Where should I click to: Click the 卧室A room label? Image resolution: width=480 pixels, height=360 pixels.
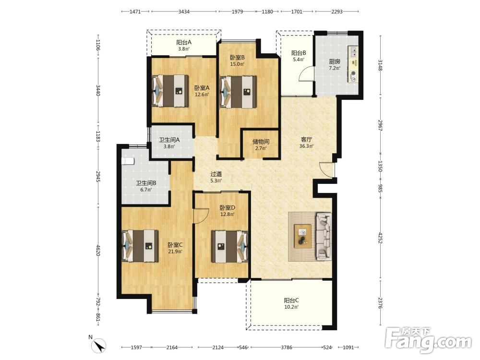202,88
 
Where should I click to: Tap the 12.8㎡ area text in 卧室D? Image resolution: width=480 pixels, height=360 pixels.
228,214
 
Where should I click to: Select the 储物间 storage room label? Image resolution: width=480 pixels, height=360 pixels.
261,142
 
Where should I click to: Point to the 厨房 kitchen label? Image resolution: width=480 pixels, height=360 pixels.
335,61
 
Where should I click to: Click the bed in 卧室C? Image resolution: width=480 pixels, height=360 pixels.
140,246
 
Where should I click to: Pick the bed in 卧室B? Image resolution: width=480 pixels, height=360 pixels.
239,92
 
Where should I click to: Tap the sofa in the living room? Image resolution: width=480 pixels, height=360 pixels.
324,236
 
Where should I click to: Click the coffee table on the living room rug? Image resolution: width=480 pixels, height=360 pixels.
303,236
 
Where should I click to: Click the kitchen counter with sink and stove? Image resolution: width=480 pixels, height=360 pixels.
353,64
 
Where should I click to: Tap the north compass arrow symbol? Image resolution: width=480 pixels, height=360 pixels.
99,346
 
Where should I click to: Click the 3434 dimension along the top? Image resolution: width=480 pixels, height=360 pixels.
184,12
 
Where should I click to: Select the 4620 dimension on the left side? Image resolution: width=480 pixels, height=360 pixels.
98,250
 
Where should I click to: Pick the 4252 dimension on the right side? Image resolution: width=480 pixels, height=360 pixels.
380,238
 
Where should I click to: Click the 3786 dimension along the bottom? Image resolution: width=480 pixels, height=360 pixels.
287,348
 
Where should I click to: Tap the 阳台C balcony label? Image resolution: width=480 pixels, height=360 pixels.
291,300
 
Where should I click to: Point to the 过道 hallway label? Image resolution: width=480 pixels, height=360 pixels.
216,174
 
